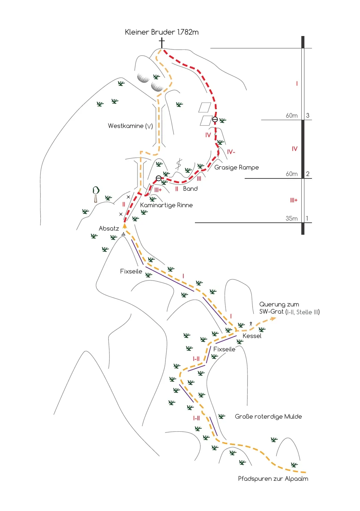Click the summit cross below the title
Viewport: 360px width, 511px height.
click(x=162, y=43)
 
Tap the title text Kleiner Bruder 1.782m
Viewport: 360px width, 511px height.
click(x=162, y=32)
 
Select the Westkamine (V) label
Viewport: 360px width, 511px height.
click(x=130, y=126)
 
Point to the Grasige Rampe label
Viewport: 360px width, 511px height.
click(x=236, y=167)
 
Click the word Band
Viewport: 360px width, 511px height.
click(x=190, y=189)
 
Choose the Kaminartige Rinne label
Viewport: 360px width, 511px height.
click(x=166, y=205)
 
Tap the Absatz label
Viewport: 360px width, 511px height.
click(x=109, y=228)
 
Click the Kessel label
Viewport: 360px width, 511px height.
click(x=252, y=336)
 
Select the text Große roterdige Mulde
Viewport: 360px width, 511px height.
click(x=268, y=417)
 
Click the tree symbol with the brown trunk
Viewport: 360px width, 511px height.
click(x=96, y=194)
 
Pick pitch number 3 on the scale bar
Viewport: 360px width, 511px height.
click(x=307, y=115)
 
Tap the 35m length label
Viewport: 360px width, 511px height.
click(x=292, y=218)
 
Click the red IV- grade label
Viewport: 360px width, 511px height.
click(x=231, y=152)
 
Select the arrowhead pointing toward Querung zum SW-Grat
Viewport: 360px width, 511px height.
click(x=273, y=318)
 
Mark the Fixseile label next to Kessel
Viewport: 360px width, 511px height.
click(x=224, y=349)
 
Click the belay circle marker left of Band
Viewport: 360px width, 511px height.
click(x=159, y=178)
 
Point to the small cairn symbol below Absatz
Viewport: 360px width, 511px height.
click(x=123, y=234)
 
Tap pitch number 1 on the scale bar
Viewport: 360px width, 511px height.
click(x=307, y=218)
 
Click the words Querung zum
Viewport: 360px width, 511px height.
click(x=279, y=304)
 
